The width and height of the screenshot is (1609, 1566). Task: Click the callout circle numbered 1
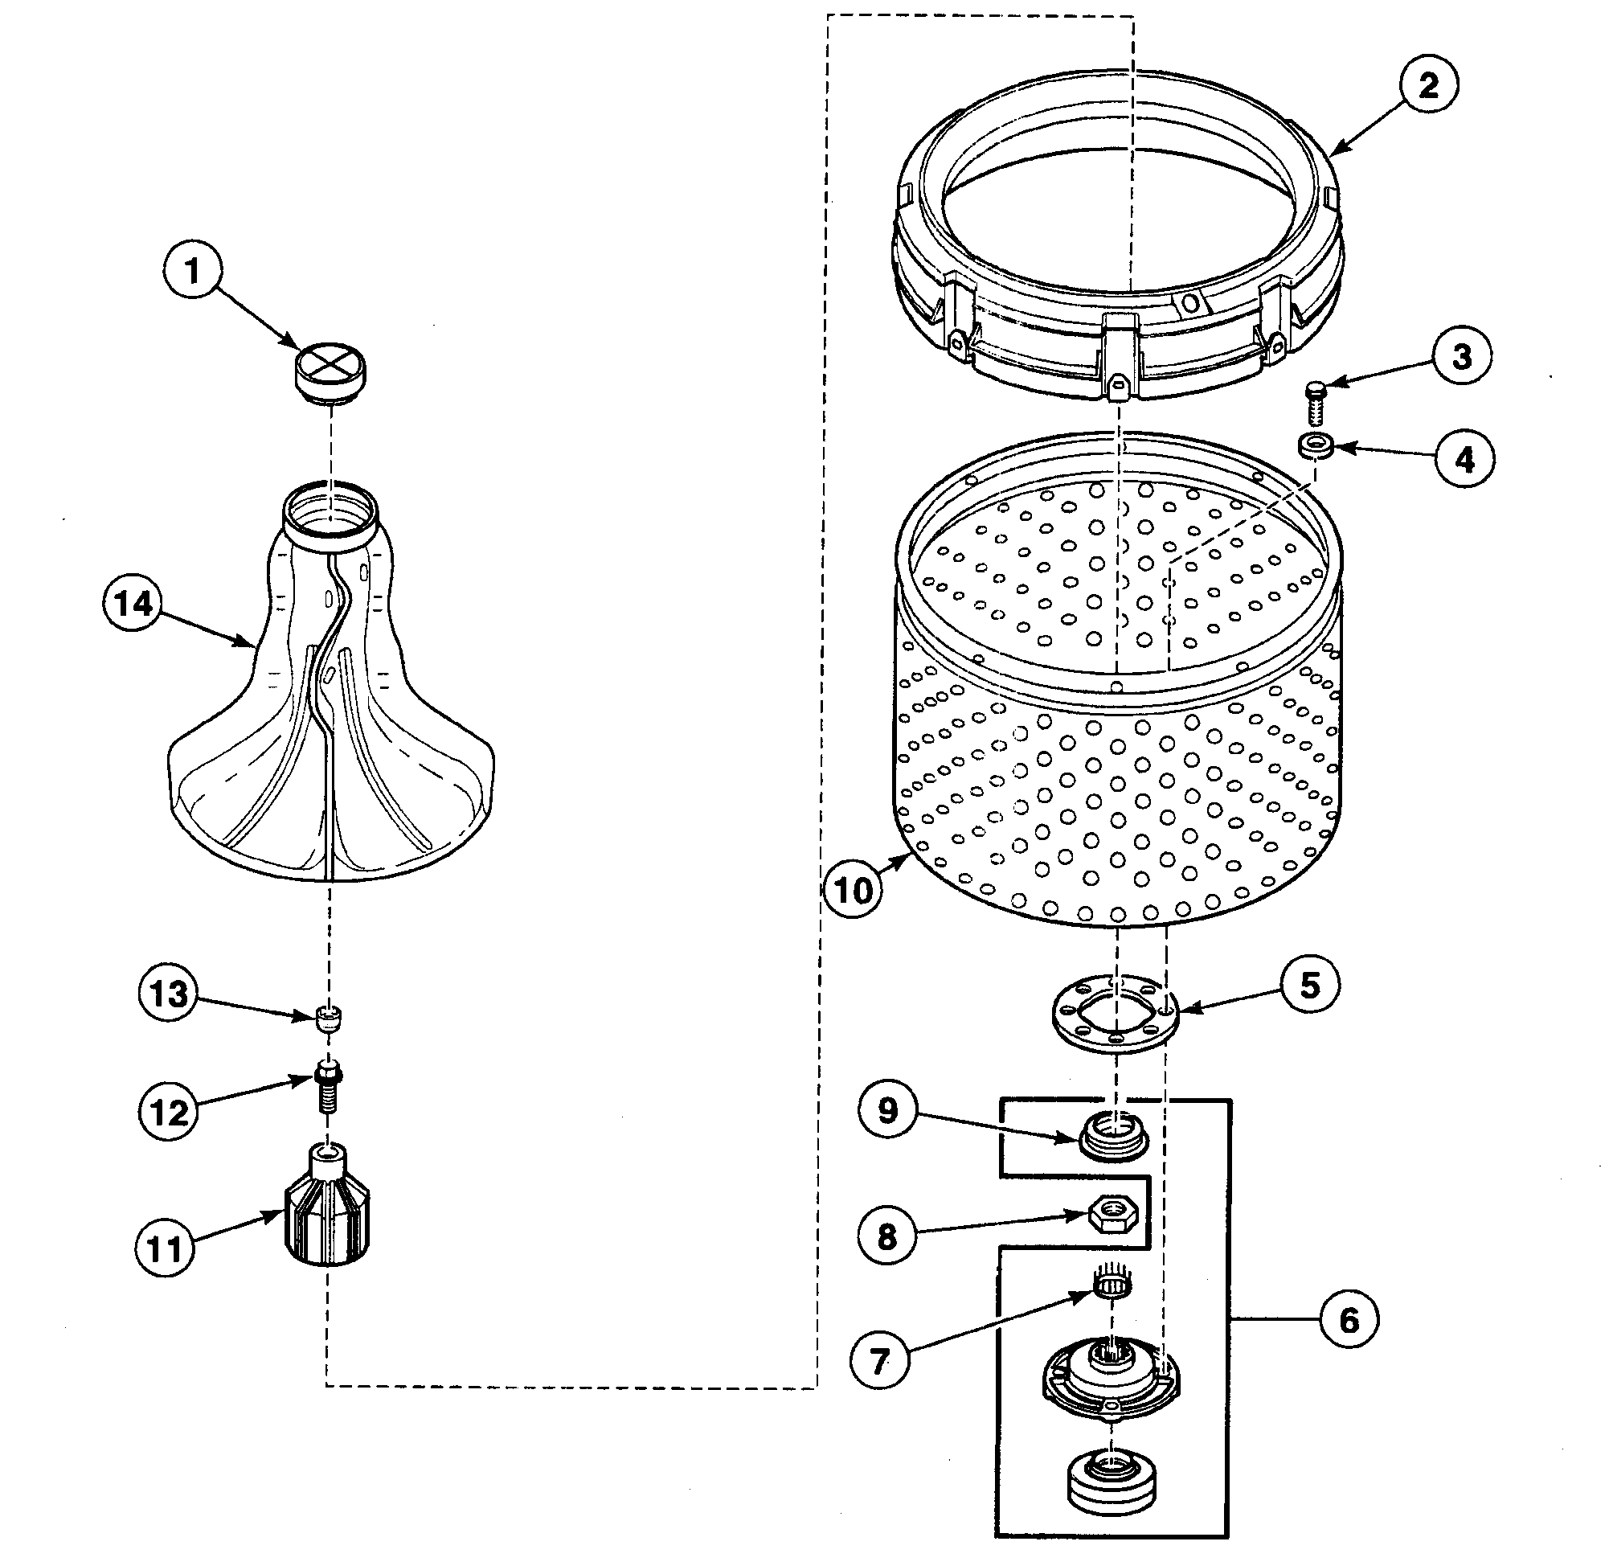(192, 271)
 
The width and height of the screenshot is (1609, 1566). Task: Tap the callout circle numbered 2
(1428, 85)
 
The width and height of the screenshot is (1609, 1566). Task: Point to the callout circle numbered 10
(853, 889)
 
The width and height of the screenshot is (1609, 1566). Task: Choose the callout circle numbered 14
(134, 605)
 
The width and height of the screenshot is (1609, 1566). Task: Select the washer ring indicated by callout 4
(1316, 448)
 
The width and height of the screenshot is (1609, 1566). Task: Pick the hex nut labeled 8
(1116, 1211)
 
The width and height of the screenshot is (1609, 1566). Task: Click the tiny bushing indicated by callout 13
(328, 1019)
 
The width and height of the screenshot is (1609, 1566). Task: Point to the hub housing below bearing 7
(1110, 1383)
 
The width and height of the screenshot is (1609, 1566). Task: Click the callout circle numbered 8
(886, 1235)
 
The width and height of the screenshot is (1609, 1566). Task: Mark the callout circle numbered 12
(169, 1112)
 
